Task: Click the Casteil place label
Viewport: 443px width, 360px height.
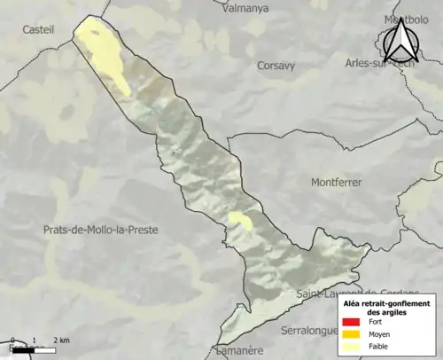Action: [x=39, y=29]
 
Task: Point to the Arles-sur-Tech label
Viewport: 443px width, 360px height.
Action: [x=379, y=63]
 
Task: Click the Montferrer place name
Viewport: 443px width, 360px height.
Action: [x=337, y=182]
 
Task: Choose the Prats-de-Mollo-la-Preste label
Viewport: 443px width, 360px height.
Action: [x=100, y=230]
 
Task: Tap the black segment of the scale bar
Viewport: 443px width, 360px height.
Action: [x=23, y=350]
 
